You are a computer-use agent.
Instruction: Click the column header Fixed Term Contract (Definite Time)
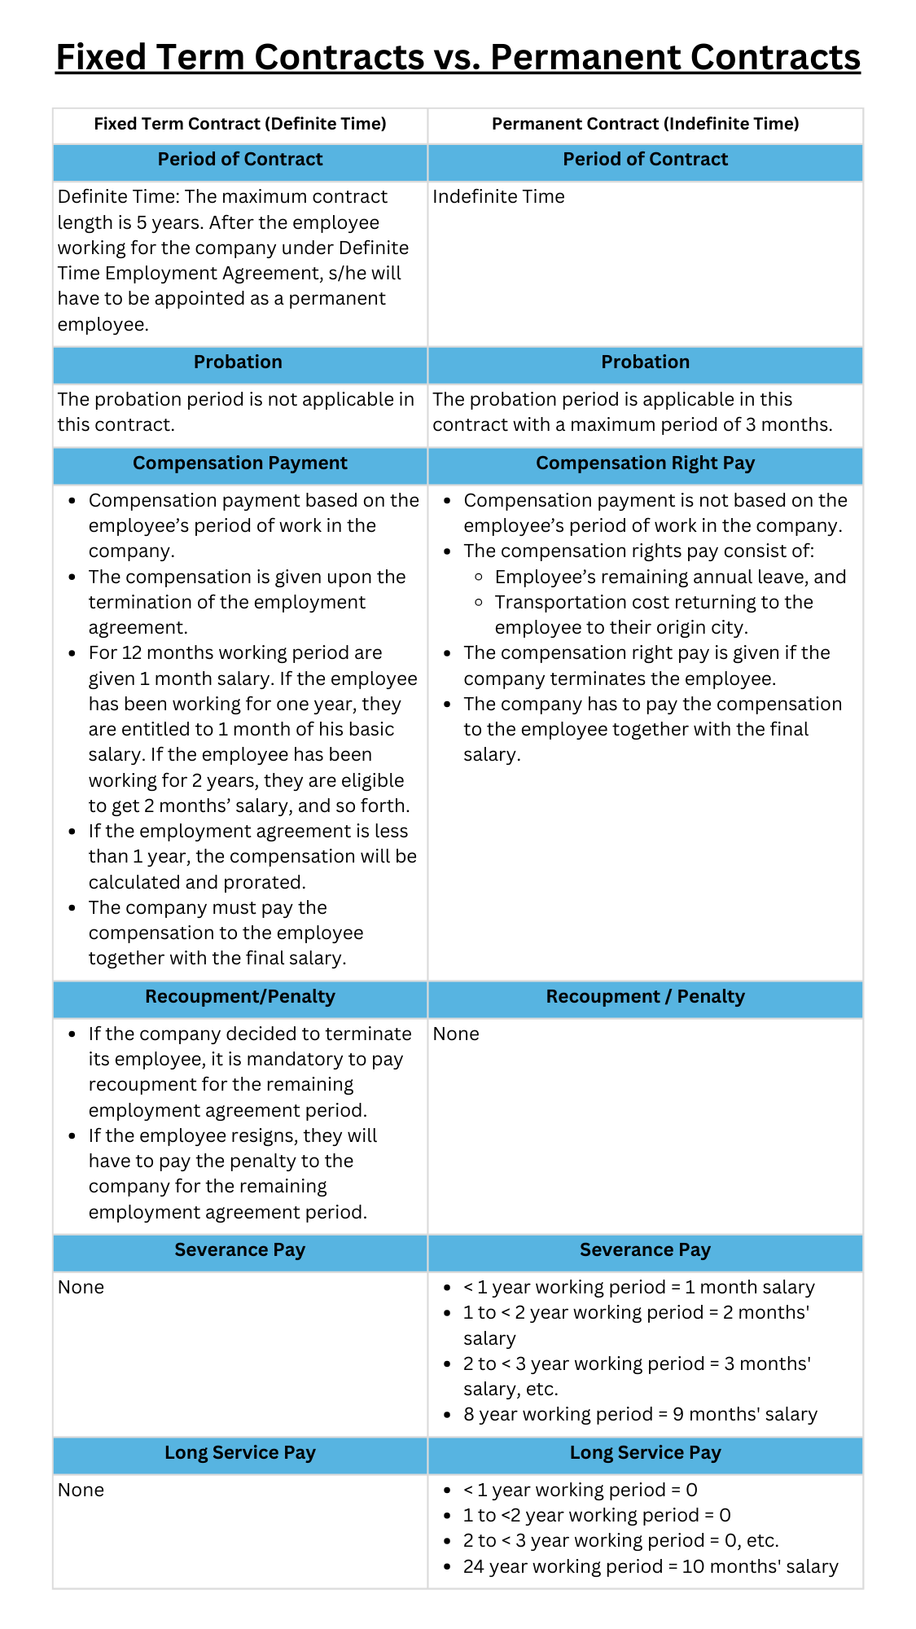tap(240, 124)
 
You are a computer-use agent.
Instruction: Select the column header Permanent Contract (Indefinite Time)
tap(645, 124)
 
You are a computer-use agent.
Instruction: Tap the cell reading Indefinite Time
tap(498, 197)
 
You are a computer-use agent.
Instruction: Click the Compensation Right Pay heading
tap(645, 463)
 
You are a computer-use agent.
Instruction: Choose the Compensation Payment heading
tap(240, 463)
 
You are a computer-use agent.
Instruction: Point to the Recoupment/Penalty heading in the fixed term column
tap(240, 997)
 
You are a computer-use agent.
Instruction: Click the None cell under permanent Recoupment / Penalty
tap(456, 1034)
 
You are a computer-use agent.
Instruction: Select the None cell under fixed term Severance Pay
tap(81, 1288)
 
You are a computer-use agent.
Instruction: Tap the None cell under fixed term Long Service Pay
tap(81, 1491)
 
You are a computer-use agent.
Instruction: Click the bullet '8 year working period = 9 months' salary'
tap(640, 1415)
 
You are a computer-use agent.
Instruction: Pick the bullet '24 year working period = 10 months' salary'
tap(650, 1567)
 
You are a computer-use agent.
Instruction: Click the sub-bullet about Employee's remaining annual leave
tap(670, 577)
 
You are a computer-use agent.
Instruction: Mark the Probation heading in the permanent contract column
tap(645, 362)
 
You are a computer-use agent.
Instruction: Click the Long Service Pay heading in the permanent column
tap(645, 1453)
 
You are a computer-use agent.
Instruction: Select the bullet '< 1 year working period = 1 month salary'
tap(638, 1288)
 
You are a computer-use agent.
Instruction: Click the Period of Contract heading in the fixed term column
tap(240, 160)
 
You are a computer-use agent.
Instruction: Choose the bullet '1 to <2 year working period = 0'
tap(597, 1516)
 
